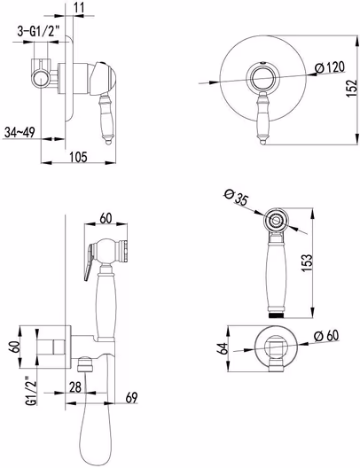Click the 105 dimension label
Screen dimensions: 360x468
point(79,156)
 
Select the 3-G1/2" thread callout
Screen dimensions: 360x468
point(38,31)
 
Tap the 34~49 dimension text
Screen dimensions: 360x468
point(20,132)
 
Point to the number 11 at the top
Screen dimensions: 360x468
point(79,7)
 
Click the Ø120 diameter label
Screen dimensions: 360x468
point(330,67)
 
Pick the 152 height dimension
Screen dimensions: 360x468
point(352,88)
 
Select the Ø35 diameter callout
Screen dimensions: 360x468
point(236,198)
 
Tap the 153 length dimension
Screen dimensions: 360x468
point(307,262)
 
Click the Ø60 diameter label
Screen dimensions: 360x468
point(327,336)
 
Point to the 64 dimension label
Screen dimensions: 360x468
point(223,348)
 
